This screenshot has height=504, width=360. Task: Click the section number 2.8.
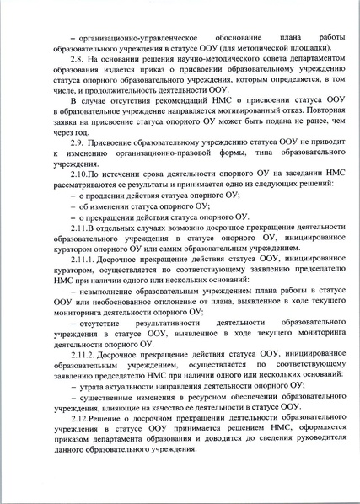[x=78, y=60]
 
